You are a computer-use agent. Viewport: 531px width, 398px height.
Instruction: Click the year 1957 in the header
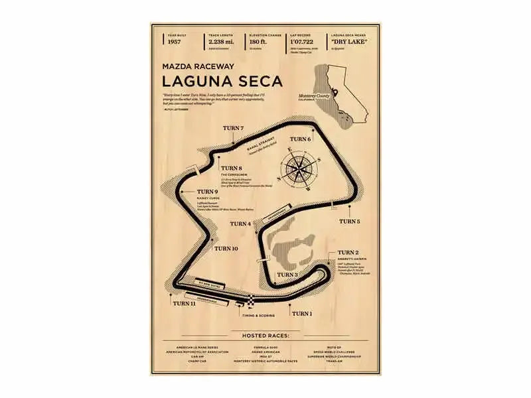[175, 42]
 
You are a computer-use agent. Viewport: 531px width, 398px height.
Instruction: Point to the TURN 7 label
[234, 128]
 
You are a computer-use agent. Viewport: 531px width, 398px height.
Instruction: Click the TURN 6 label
[299, 139]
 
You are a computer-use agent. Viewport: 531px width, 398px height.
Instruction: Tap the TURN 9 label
[208, 192]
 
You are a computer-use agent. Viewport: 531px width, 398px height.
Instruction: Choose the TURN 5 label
[350, 221]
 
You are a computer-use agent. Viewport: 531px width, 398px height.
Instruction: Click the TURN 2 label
[348, 253]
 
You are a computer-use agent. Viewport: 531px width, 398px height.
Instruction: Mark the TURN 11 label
[184, 303]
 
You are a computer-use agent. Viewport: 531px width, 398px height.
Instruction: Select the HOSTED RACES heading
[265, 336]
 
